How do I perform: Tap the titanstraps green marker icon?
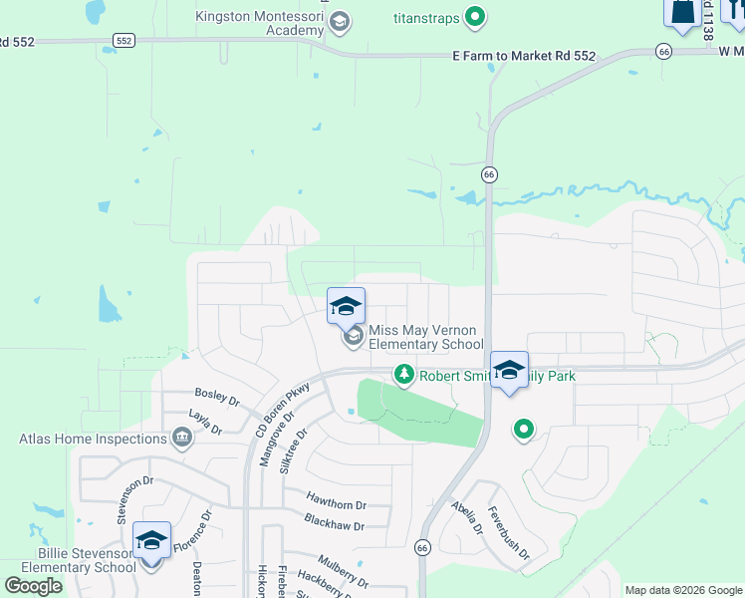click(x=476, y=16)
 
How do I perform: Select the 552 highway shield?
click(x=124, y=41)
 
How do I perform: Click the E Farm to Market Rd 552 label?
click(x=524, y=56)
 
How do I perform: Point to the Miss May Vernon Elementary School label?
click(x=425, y=337)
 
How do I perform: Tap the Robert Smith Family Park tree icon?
click(x=403, y=375)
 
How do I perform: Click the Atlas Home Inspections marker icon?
click(x=182, y=438)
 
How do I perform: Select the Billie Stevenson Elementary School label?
click(x=73, y=561)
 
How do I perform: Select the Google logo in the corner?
click(x=34, y=585)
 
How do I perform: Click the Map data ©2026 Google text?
click(x=683, y=590)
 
